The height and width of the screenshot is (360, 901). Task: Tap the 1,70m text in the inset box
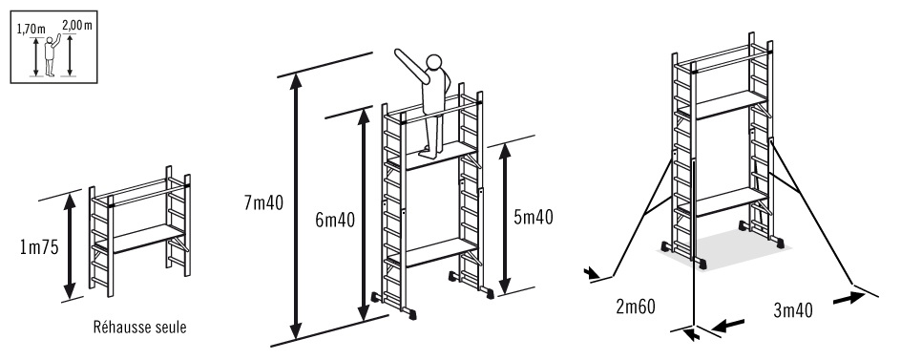click(31, 29)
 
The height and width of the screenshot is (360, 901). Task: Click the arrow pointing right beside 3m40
click(845, 297)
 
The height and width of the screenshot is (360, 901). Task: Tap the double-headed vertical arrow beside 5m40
click(506, 217)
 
